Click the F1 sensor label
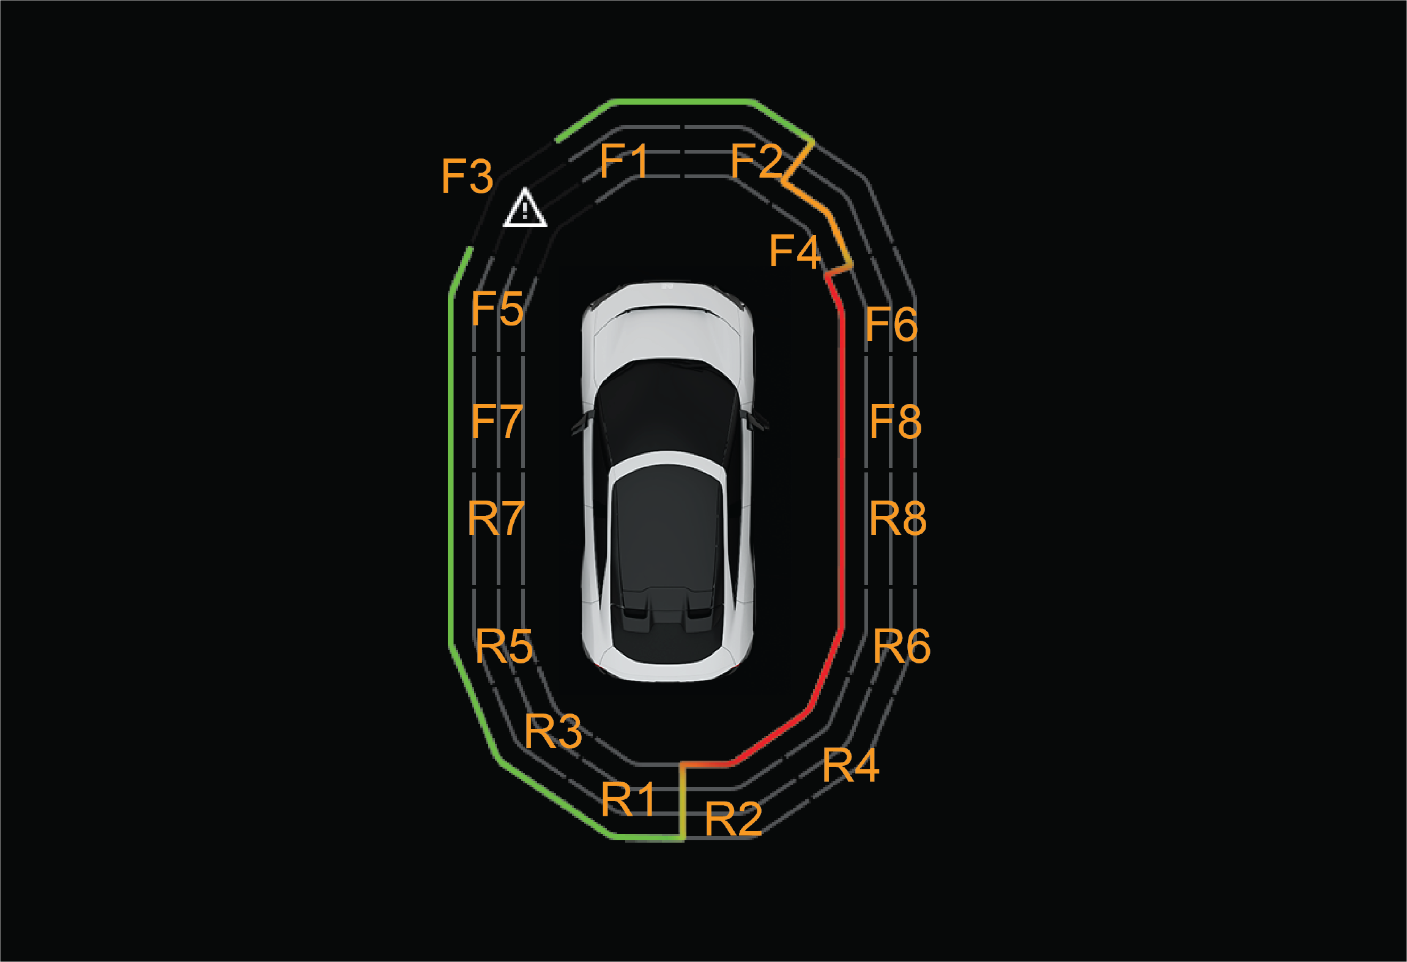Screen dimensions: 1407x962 [x=623, y=161]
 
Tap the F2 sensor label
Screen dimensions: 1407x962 [x=757, y=161]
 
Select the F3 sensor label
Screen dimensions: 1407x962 [x=467, y=176]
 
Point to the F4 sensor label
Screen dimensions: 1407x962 [x=795, y=251]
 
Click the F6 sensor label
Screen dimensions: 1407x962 [x=891, y=324]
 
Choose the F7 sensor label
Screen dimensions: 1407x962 [x=497, y=421]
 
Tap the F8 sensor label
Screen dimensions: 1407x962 [x=896, y=422]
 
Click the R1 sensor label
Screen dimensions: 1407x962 [x=628, y=799]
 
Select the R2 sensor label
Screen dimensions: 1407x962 [x=733, y=819]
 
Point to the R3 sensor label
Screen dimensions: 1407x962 [x=553, y=731]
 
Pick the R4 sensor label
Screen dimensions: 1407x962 [x=851, y=765]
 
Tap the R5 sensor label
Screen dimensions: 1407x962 [x=504, y=646]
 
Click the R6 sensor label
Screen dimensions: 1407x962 [x=902, y=646]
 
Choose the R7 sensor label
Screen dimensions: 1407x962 [x=496, y=518]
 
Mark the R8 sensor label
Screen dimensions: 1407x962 [x=898, y=518]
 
